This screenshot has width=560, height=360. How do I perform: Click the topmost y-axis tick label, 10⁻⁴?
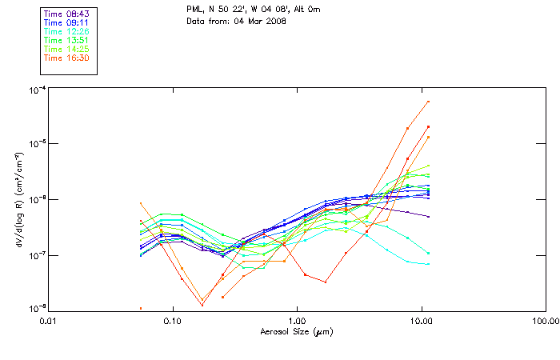point(37,90)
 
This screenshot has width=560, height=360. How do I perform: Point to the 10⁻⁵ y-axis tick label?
point(37,144)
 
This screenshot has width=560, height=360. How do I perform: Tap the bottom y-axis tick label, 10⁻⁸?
point(37,308)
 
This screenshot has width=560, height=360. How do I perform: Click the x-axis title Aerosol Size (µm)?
point(297,331)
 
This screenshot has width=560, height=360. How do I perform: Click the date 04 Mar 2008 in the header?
point(257,20)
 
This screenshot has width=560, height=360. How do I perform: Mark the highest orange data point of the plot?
point(429,102)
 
